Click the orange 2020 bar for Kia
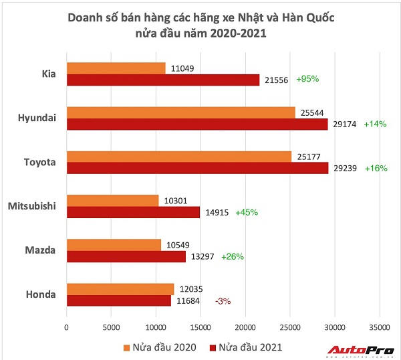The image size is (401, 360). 116,68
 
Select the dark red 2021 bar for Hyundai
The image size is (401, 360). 197,124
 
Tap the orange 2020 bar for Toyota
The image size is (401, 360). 179,157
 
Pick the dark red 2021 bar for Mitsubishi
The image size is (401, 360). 133,212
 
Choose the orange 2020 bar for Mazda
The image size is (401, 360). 114,245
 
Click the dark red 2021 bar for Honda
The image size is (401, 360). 118,300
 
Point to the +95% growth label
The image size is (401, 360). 307,79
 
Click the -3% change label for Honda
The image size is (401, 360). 223,301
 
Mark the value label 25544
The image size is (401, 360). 311,112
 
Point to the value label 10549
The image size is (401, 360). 178,245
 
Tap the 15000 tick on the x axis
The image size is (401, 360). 201,327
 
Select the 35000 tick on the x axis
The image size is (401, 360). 379,327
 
